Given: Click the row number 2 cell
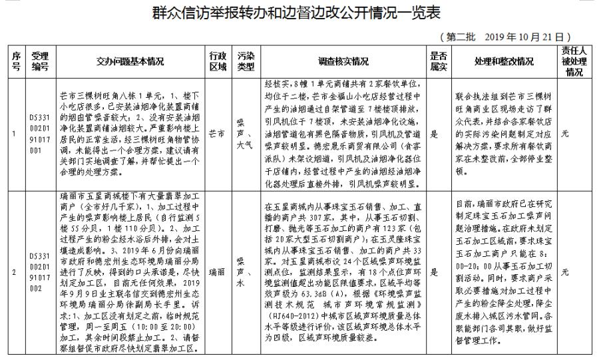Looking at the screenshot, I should [x=16, y=271].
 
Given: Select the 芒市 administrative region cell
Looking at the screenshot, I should [x=216, y=133].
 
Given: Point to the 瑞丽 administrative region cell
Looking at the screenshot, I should [x=216, y=271].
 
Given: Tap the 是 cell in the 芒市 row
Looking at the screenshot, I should [x=434, y=133].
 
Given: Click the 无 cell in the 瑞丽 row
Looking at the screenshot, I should [x=565, y=271].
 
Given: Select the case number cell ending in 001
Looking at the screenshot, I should [x=41, y=133].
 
